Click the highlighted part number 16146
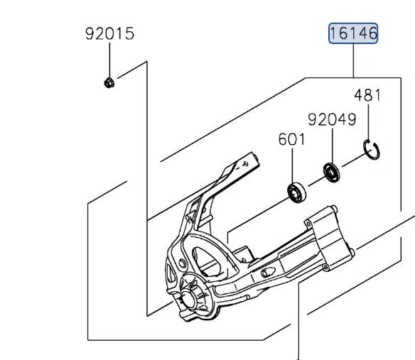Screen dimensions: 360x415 click(353, 33)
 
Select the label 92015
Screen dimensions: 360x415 click(109, 33)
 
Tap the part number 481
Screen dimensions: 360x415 click(367, 94)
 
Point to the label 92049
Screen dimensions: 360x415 click(331, 119)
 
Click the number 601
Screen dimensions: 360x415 click(291, 139)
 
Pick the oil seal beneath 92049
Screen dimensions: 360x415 click(331, 171)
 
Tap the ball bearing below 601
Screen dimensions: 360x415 click(295, 192)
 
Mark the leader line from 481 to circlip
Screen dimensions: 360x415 click(368, 121)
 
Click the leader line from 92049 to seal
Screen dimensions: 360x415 click(331, 146)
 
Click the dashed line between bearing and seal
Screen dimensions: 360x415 click(313, 181)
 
